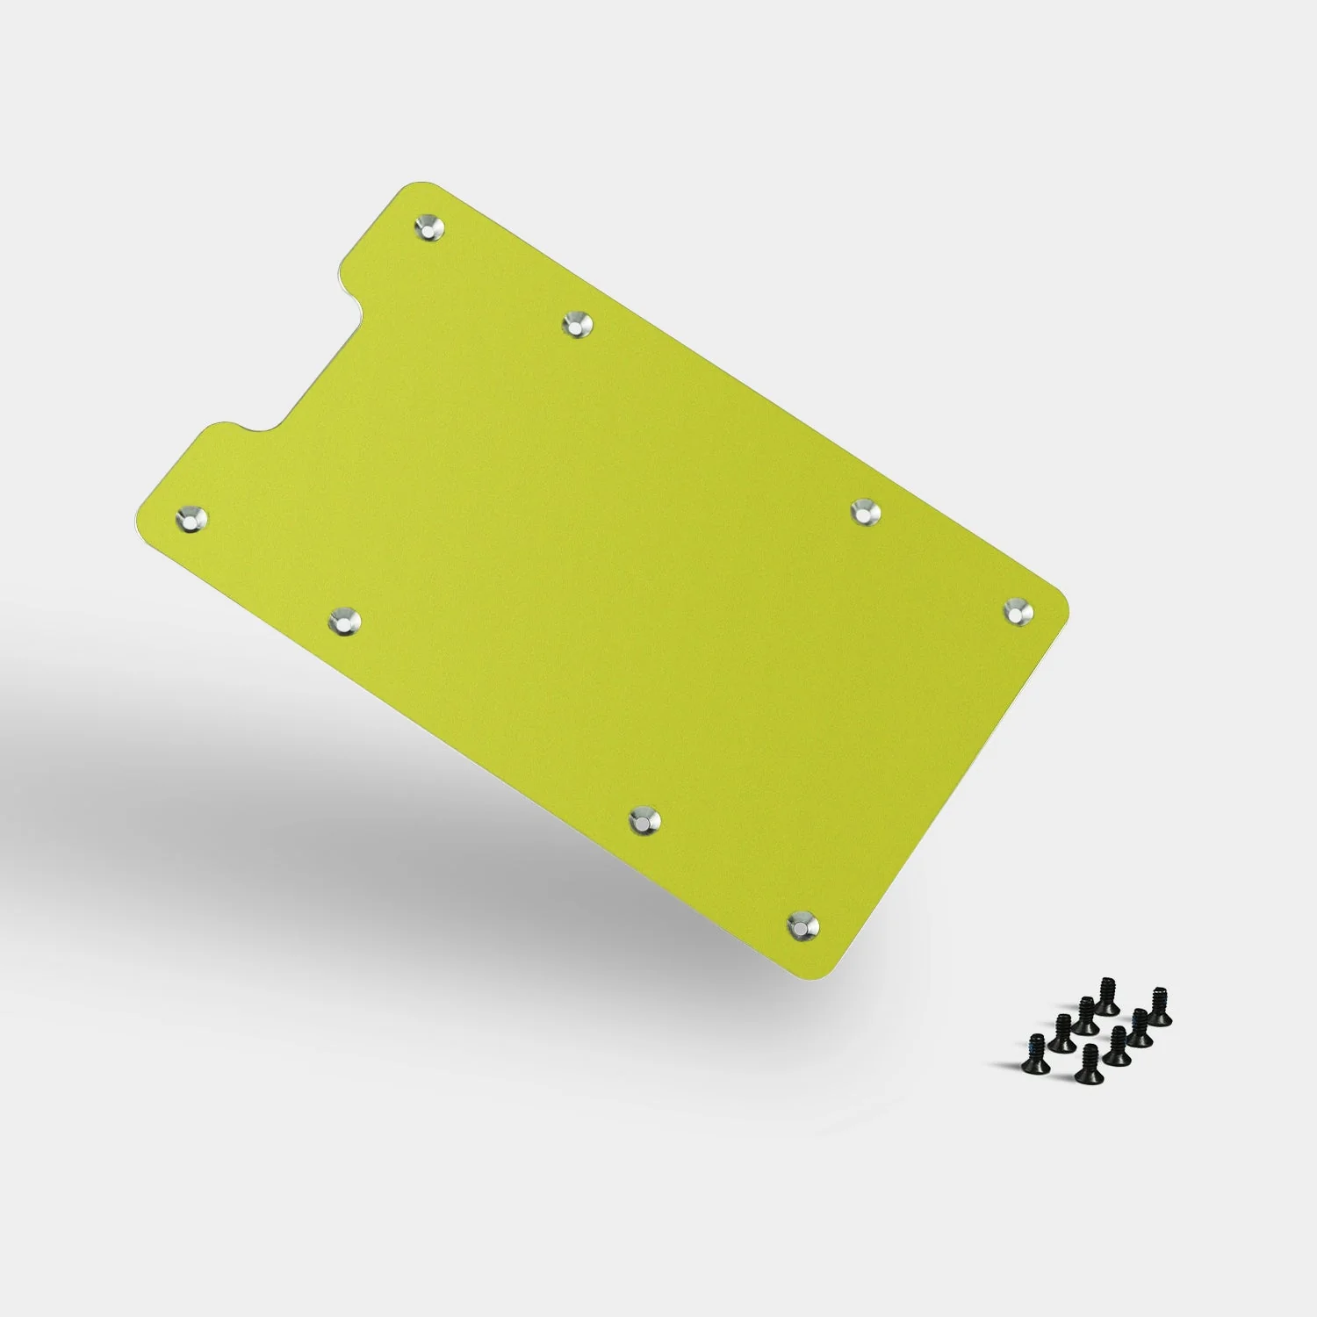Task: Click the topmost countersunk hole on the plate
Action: (429, 228)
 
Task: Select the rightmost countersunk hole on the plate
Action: (1018, 610)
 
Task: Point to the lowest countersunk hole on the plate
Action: (802, 924)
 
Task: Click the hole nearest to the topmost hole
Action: (577, 323)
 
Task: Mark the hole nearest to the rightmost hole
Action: (865, 510)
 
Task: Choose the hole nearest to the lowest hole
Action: (645, 820)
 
